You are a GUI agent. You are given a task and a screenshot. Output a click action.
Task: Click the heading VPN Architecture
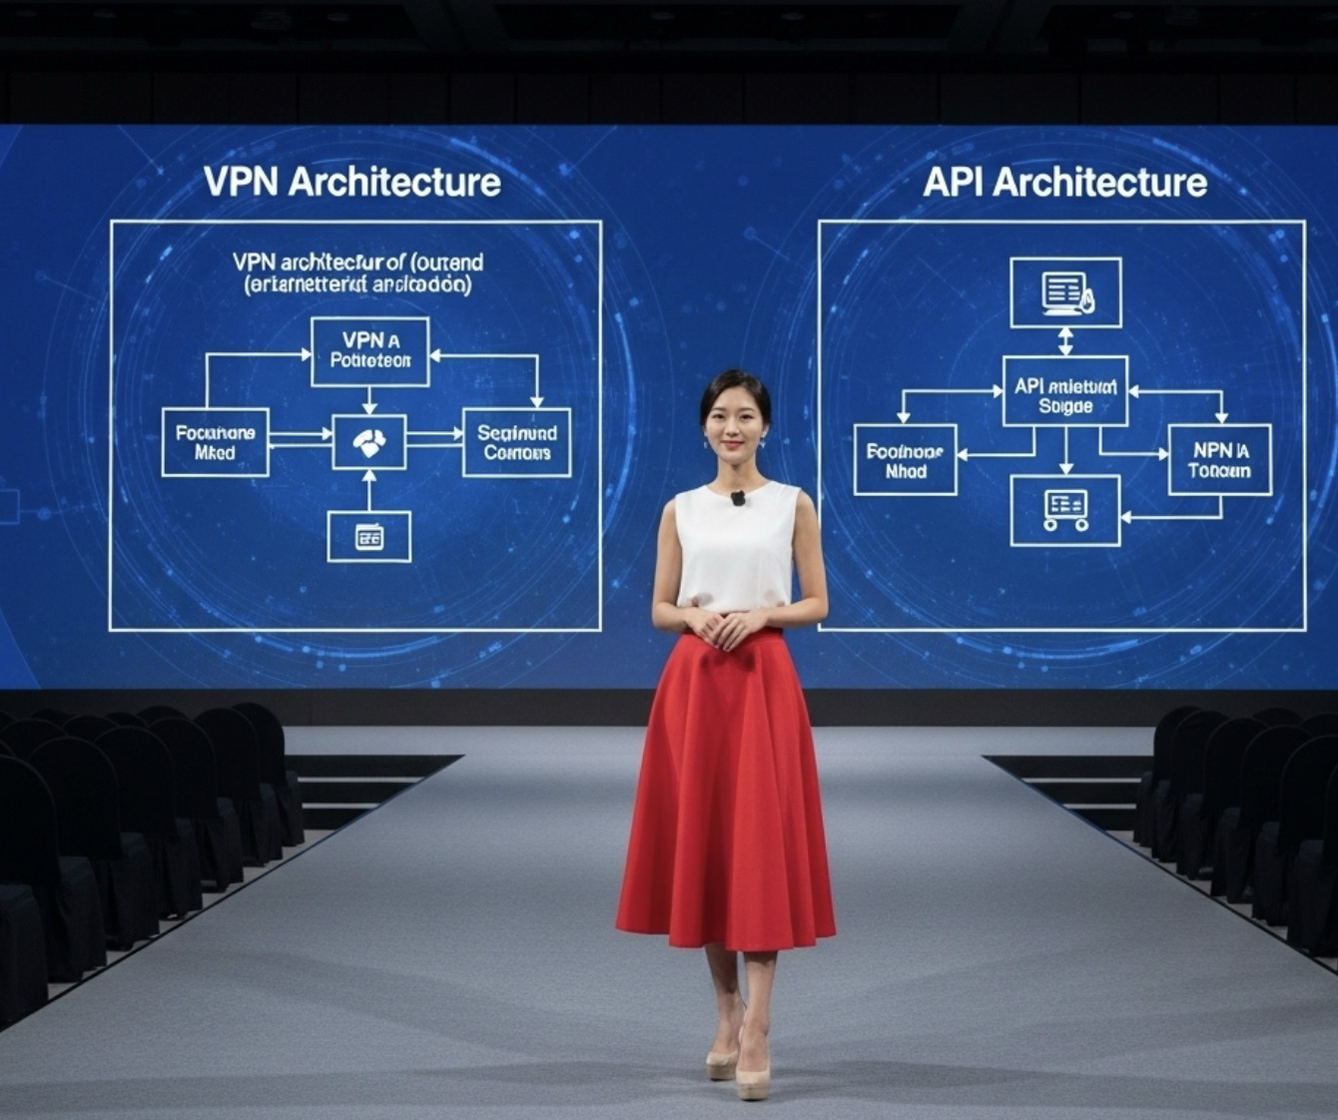click(x=351, y=182)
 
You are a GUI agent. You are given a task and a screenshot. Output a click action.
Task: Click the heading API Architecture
click(x=1064, y=182)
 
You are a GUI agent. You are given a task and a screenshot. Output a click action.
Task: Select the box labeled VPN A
click(x=369, y=350)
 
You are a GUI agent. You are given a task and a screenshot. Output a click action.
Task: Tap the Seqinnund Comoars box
click(x=516, y=442)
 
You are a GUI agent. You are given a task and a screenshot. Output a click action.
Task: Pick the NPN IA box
click(x=1219, y=460)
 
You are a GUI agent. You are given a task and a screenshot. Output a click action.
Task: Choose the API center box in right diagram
click(x=1064, y=390)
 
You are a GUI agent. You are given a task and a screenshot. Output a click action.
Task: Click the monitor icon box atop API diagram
click(x=1065, y=291)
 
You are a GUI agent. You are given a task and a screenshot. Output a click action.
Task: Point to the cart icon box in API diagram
click(x=1065, y=510)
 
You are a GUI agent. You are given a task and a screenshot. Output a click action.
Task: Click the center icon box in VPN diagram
click(x=368, y=441)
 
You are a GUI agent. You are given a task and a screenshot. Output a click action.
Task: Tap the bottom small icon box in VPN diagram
click(x=368, y=537)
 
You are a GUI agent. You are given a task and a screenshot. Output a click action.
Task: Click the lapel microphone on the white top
click(x=738, y=497)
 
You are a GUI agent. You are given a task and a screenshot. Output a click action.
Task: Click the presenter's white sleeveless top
click(x=737, y=549)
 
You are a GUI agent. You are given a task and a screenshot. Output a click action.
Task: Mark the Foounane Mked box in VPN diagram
click(x=215, y=442)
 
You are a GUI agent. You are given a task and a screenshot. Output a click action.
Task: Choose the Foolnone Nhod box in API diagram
click(x=906, y=460)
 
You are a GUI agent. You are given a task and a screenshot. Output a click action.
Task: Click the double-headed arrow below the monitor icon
click(x=1065, y=341)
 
